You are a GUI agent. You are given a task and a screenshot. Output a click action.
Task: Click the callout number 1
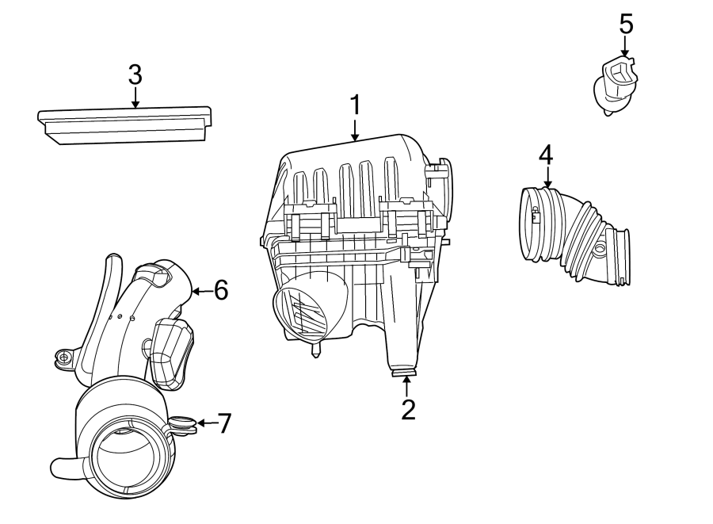(356, 105)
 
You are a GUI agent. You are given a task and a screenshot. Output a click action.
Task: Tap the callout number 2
(407, 409)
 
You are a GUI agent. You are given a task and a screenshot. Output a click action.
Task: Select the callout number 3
(135, 75)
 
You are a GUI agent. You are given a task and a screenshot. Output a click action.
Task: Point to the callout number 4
(546, 154)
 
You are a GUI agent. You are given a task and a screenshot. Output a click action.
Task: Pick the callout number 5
(626, 25)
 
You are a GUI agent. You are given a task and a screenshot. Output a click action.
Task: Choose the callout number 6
(220, 290)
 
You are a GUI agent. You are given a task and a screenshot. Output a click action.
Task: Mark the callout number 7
(224, 423)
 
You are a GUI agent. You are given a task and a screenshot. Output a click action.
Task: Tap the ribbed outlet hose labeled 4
(574, 235)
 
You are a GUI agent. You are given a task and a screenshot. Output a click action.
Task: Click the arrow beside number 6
(200, 291)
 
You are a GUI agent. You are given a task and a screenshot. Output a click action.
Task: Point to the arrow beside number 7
(204, 423)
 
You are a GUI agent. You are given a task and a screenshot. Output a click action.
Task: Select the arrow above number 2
(407, 386)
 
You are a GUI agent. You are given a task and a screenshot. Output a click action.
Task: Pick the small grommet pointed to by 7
(184, 425)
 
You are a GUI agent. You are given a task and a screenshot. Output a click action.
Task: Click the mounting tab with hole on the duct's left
(63, 359)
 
